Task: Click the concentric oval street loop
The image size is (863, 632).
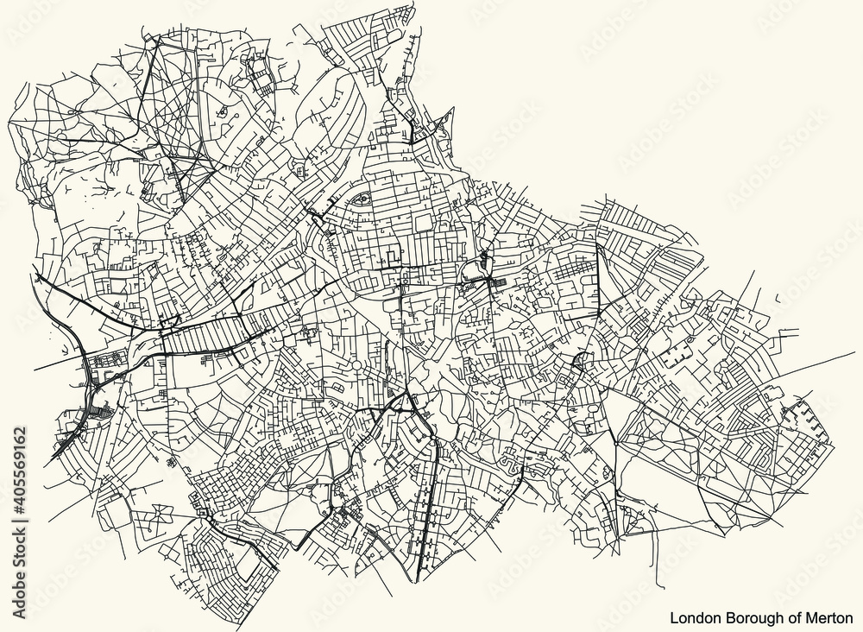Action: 360,201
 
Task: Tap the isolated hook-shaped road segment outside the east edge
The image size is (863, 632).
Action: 781,299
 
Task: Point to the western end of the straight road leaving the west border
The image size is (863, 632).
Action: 35,369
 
